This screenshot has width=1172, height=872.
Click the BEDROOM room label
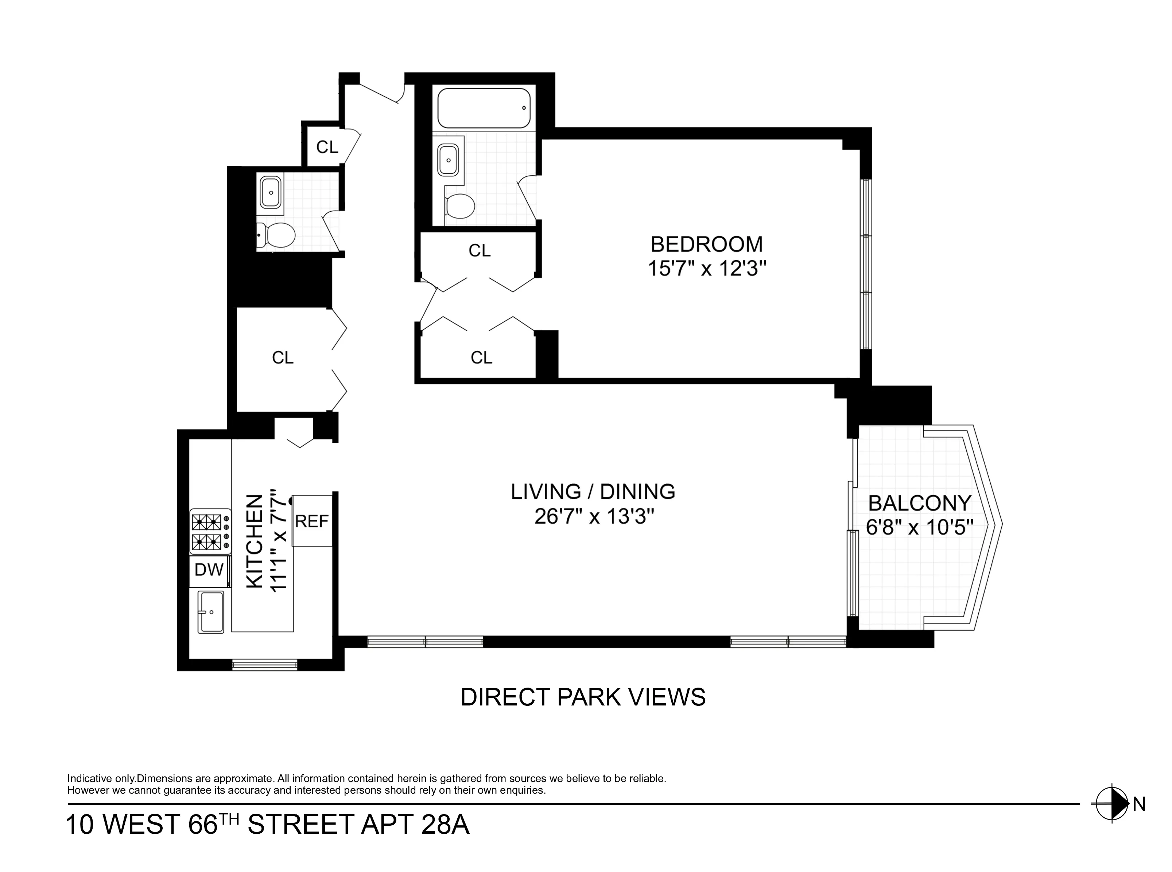click(706, 245)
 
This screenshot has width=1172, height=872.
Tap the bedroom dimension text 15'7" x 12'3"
click(706, 269)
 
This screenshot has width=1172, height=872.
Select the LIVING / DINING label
click(593, 492)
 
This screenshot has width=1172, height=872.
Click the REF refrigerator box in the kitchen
click(312, 521)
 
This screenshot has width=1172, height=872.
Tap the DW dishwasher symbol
click(209, 570)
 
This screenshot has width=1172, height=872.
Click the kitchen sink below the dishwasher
click(211, 612)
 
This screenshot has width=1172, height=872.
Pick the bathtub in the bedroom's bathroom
click(483, 108)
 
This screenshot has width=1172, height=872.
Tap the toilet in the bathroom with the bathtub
click(459, 206)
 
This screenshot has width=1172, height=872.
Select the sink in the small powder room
click(271, 193)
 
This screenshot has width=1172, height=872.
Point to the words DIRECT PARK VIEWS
click(583, 697)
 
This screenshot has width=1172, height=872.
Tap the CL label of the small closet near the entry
click(327, 147)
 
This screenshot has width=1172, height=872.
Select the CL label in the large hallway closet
click(283, 358)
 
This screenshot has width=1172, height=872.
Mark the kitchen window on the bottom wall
click(265, 665)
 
